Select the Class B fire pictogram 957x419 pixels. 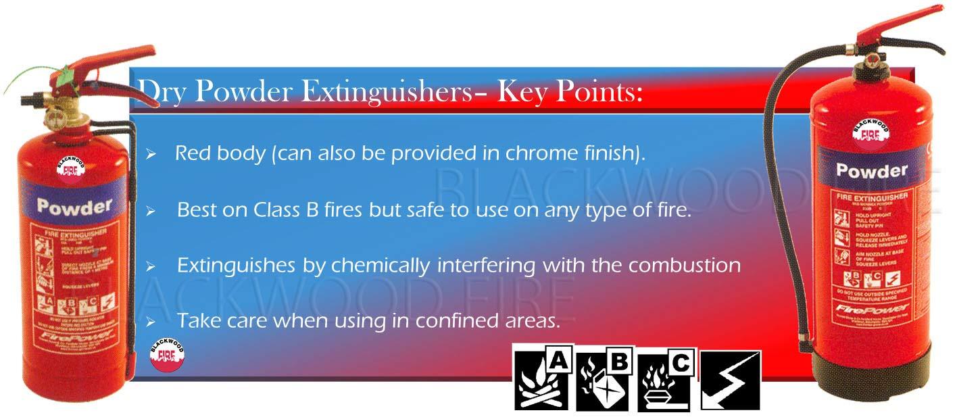click(604, 380)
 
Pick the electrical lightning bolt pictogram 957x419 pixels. click(730, 380)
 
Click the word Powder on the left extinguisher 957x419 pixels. click(74, 205)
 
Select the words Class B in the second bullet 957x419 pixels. click(293, 209)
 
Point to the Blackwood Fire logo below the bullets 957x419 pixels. click(166, 354)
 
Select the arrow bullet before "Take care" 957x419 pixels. click(151, 322)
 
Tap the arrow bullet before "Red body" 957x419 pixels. click(151, 155)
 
